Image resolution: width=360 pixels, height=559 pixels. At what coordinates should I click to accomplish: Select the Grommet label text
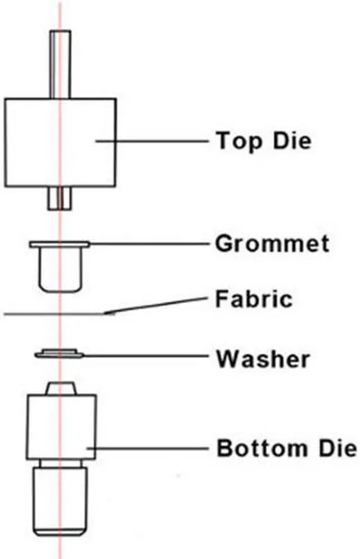tap(272, 245)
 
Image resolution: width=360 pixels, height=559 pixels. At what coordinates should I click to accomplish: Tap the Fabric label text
tap(254, 299)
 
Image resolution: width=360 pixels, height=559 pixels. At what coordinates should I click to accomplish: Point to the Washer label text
tap(263, 358)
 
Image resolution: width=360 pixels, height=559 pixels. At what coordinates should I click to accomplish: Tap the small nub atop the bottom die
tap(60, 388)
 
